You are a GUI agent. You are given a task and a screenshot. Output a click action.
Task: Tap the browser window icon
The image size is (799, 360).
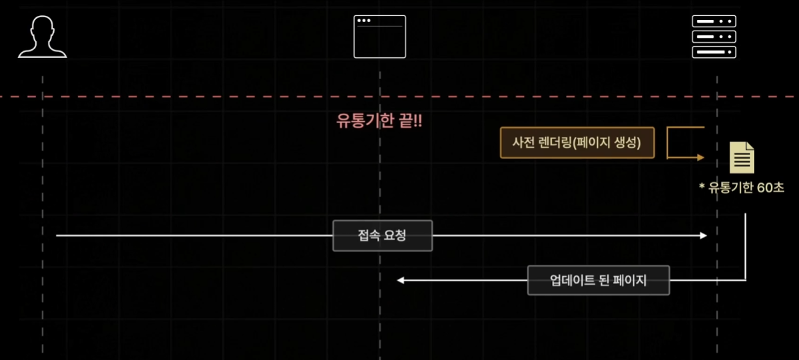click(380, 37)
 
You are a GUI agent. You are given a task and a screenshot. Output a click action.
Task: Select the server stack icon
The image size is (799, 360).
click(714, 37)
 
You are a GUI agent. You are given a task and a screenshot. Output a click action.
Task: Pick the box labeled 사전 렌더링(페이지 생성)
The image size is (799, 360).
click(577, 143)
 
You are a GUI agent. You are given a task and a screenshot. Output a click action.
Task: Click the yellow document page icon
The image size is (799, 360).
click(742, 158)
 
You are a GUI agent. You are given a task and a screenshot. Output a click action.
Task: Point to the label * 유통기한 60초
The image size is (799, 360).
click(742, 188)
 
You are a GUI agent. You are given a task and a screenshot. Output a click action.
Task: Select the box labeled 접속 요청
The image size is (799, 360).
click(382, 236)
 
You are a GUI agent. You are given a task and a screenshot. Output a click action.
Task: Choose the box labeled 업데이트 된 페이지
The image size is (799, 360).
click(598, 280)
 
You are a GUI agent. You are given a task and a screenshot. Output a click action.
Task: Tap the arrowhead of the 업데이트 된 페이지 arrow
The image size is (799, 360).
click(401, 280)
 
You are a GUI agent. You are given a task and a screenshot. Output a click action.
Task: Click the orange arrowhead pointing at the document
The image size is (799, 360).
click(700, 158)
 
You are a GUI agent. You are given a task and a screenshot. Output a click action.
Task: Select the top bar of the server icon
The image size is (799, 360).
click(714, 21)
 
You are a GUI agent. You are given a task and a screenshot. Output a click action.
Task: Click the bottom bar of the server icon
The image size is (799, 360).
click(714, 52)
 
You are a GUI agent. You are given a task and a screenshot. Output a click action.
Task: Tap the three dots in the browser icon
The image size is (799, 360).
click(364, 21)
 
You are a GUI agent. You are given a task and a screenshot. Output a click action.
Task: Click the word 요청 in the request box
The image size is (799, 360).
click(395, 236)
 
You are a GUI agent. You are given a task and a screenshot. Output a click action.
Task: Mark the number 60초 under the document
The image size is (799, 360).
click(770, 188)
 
